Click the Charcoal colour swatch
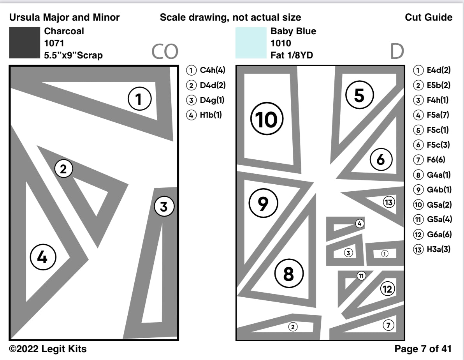click(24, 43)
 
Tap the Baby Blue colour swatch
click(250, 43)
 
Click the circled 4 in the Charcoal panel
click(43, 257)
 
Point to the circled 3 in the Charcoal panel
click(163, 207)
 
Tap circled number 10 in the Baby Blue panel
click(267, 120)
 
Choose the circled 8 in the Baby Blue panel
click(288, 274)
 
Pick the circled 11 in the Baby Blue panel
click(361, 276)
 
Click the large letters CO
click(165, 51)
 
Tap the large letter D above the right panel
click(397, 51)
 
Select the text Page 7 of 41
click(424, 349)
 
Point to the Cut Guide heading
click(429, 17)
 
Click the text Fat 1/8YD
click(292, 55)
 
